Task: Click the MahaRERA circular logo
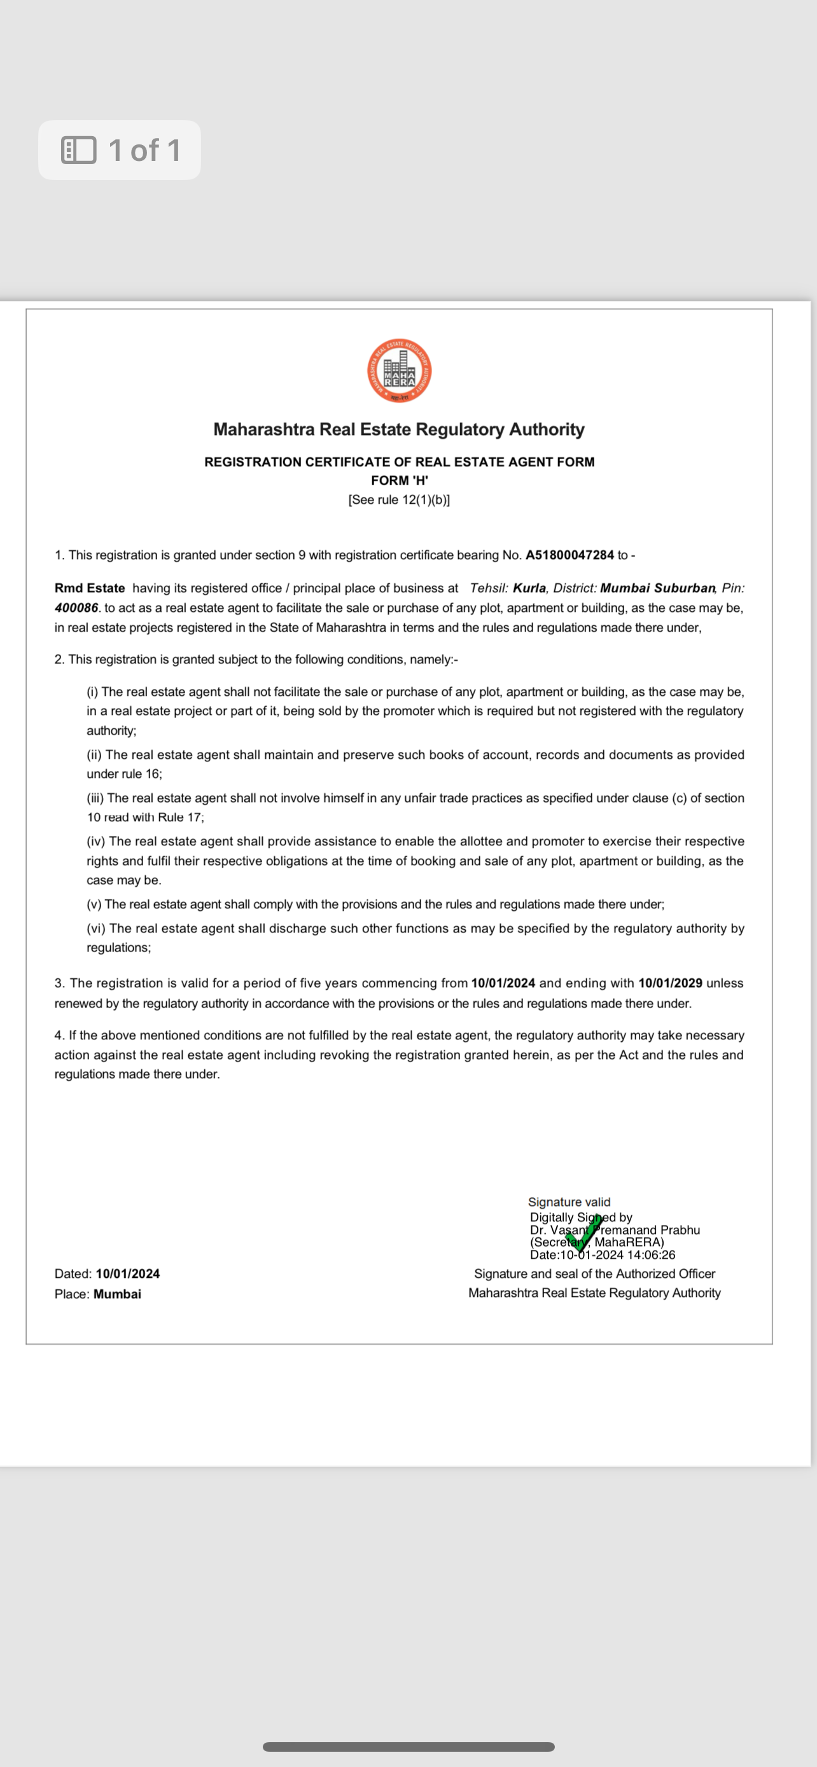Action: [399, 371]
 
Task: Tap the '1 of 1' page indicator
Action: [120, 150]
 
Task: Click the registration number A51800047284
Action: [569, 555]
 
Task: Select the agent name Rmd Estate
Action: [90, 588]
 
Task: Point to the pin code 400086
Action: [76, 607]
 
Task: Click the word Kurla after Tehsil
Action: [529, 588]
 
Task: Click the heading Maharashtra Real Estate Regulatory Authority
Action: [398, 429]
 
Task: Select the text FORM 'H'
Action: [399, 480]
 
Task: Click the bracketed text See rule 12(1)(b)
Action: [399, 499]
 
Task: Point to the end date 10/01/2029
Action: [670, 983]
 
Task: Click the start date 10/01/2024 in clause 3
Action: [503, 983]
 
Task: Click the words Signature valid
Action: [569, 1202]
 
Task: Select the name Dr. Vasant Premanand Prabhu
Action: [615, 1230]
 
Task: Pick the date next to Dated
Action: [128, 1274]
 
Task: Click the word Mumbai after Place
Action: [117, 1294]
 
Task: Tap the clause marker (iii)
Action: [95, 798]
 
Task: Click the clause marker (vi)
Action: [95, 928]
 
